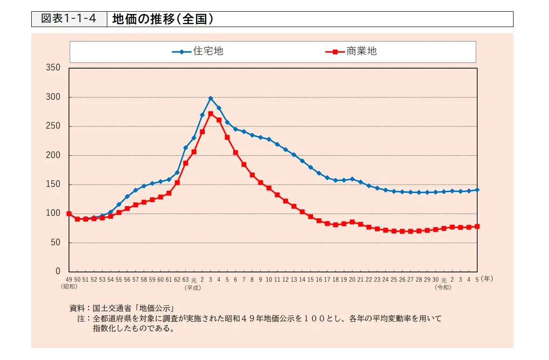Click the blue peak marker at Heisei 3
210,98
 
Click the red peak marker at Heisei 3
210,113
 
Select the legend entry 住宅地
208,51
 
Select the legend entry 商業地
361,51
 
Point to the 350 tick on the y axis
53,68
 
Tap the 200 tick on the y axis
53,155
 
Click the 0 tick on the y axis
58,271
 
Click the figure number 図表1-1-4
69,19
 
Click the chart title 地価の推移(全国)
163,19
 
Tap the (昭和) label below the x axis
69,287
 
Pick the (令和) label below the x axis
444,288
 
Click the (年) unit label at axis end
487,279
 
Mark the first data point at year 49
69,214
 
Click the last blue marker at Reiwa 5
477,190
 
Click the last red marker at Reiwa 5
477,226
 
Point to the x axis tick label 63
185,280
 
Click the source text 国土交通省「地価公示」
133,308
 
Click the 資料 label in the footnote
77,308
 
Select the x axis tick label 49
69,280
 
